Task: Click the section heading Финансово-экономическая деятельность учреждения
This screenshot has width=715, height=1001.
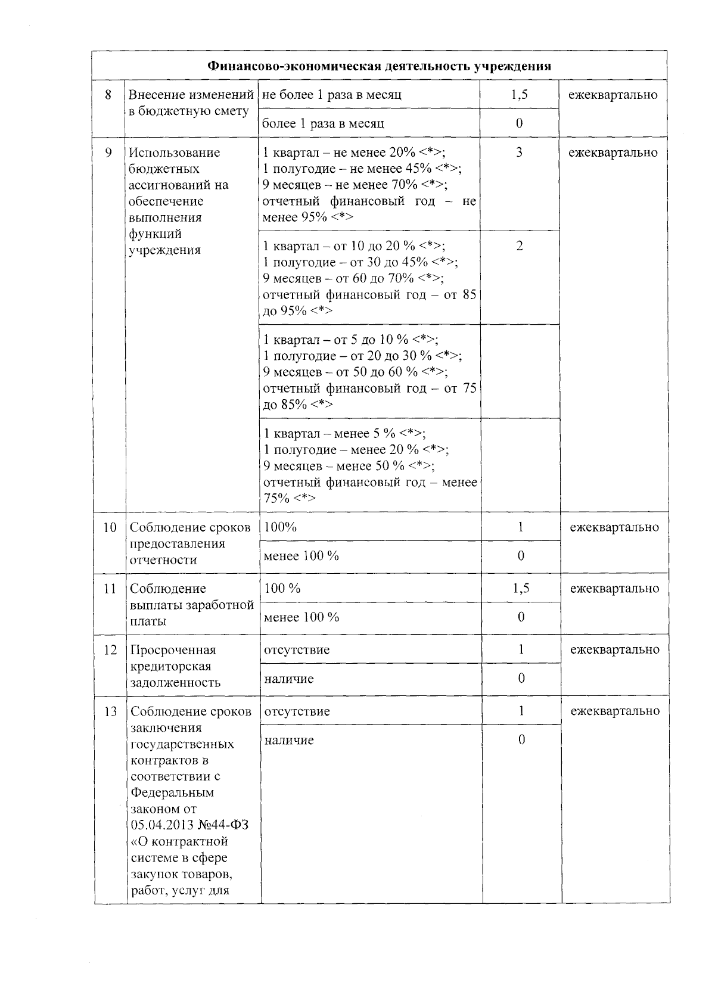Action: click(x=379, y=66)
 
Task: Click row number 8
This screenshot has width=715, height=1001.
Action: click(x=108, y=95)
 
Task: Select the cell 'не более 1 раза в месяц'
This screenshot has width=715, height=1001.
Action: click(x=331, y=95)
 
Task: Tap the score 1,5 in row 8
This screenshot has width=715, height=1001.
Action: click(x=520, y=94)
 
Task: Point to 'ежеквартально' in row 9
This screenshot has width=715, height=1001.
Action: click(x=613, y=153)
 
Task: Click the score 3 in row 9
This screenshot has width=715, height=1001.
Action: click(x=520, y=153)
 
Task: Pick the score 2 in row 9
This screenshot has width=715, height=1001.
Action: click(x=520, y=246)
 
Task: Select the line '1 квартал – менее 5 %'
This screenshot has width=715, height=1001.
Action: click(x=344, y=434)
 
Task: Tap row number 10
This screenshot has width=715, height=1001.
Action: click(x=110, y=527)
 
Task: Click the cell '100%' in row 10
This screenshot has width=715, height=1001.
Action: click(x=280, y=527)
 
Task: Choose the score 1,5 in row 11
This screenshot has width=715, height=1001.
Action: click(x=521, y=589)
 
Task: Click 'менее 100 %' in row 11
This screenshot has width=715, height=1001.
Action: click(x=301, y=617)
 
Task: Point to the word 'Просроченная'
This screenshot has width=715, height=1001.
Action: click(x=173, y=650)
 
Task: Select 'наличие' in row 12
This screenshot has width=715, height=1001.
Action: click(x=288, y=679)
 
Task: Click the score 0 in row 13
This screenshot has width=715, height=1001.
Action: click(x=521, y=740)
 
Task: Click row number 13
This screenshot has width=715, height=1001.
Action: click(x=110, y=711)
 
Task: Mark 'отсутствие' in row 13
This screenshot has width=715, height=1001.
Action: click(x=296, y=711)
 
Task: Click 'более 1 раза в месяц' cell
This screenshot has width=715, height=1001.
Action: click(x=323, y=123)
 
